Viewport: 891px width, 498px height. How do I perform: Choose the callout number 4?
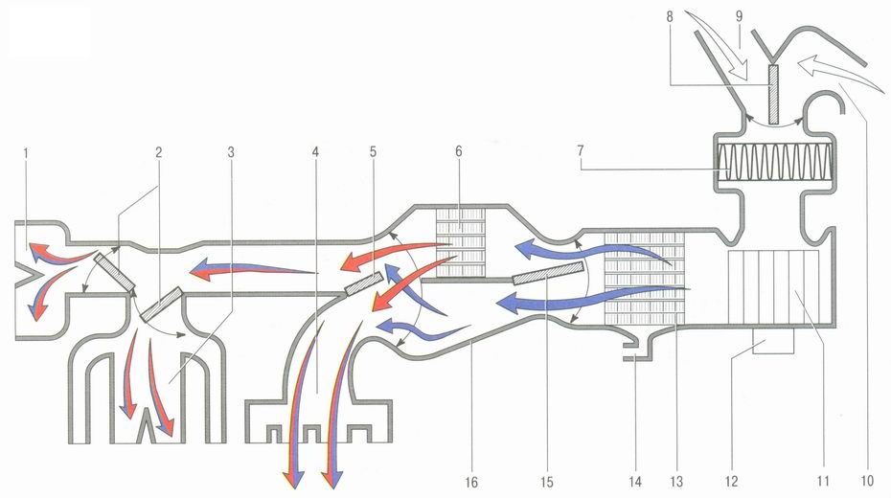pos(314,151)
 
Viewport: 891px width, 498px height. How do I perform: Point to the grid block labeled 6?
pos(462,244)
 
